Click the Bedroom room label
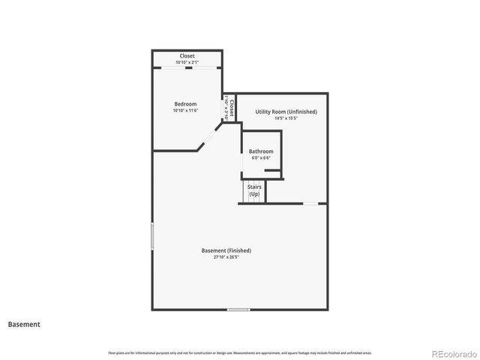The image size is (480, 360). point(185,103)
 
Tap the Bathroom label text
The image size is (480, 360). point(261,151)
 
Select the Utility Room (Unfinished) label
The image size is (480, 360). point(286,112)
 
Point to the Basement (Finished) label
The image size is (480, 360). point(226,250)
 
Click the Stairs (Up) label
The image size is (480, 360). point(254,191)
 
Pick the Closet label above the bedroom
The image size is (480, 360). point(187,56)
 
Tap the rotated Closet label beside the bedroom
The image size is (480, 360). point(232,109)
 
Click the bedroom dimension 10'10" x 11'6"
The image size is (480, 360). point(185,111)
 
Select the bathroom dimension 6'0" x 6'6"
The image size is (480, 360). point(261,157)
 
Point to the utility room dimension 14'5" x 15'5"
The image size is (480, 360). point(286,118)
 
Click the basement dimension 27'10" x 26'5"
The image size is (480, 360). point(226,257)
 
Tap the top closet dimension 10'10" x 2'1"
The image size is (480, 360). point(187,62)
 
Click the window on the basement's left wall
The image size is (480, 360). point(152,235)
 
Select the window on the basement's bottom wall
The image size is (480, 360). point(238,309)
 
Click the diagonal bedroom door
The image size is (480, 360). point(208,138)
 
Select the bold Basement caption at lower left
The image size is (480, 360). point(24,325)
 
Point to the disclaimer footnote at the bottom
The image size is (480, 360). point(240,352)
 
